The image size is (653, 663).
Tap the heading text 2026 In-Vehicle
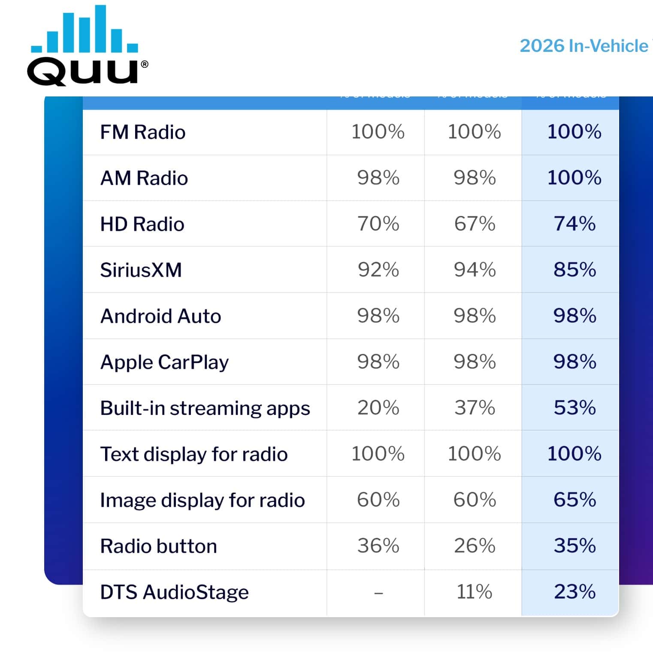click(584, 46)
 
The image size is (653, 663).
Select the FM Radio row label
click(142, 132)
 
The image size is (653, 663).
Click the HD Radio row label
click(142, 224)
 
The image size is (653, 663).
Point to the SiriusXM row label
click(141, 270)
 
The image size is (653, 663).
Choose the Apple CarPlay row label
click(164, 362)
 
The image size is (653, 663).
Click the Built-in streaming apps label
click(205, 408)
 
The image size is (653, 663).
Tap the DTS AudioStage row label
click(174, 592)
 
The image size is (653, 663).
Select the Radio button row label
click(158, 546)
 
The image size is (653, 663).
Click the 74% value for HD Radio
click(574, 224)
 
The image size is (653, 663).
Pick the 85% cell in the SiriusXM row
click(574, 270)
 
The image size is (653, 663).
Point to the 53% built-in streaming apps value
click(574, 408)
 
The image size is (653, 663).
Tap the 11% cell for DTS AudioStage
click(474, 592)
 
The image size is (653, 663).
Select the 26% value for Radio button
click(474, 546)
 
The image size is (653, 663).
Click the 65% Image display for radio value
click(574, 500)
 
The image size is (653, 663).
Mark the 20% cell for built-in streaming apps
click(378, 408)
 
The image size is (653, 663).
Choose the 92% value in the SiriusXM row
click(378, 270)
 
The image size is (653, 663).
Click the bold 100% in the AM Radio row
click(574, 177)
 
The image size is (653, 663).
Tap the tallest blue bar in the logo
click(100, 28)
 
